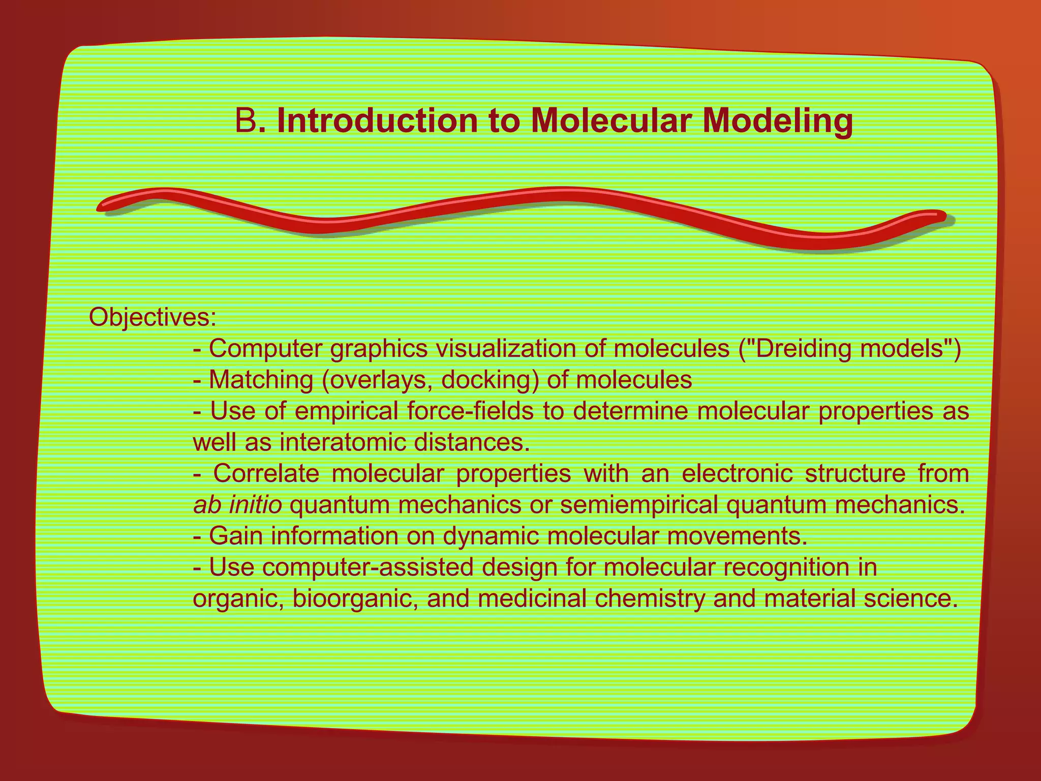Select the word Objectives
152,318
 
